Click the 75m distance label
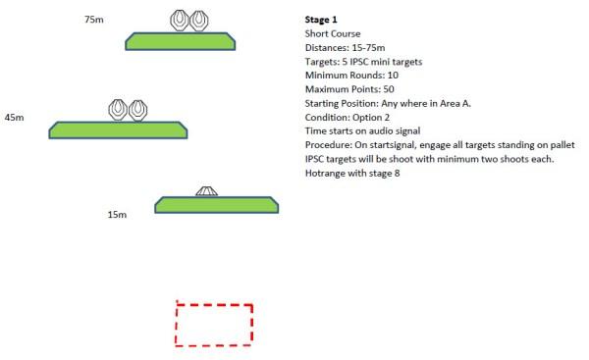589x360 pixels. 94,20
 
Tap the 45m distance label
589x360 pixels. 15,118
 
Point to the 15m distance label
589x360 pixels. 117,215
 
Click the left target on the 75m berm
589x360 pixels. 180,21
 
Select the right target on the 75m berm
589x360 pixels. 198,21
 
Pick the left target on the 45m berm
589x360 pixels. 118,110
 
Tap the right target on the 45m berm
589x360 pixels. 137,111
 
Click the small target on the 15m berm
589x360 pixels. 206,191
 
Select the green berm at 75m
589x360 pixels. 181,41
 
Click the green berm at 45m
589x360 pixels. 118,130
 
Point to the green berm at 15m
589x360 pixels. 216,205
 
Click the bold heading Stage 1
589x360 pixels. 321,20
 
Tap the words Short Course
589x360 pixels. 333,33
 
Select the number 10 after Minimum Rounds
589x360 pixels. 393,76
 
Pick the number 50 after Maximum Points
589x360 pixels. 389,89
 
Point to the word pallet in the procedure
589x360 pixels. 562,145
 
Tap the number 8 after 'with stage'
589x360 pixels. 397,174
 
